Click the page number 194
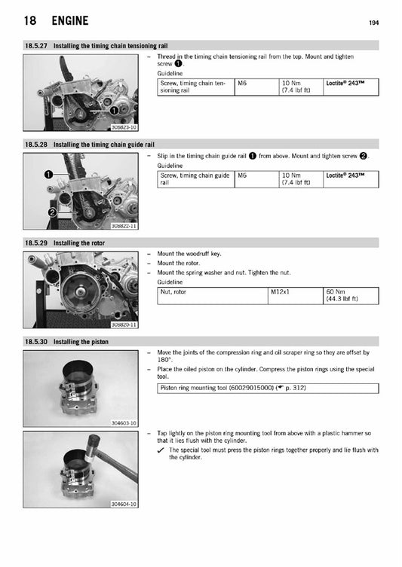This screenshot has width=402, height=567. tap(373, 23)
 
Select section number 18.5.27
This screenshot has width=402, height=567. tap(36, 47)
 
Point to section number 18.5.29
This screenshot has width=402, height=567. tap(36, 242)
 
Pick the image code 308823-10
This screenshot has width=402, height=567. tap(123, 127)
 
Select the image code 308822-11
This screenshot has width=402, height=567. tap(123, 226)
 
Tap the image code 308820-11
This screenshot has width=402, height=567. tap(123, 325)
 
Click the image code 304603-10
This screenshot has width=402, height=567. tap(123, 423)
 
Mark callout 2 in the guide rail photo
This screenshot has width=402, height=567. tap(52, 213)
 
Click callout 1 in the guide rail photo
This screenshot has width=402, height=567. tap(48, 174)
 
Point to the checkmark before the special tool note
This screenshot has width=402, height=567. tap(162, 450)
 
